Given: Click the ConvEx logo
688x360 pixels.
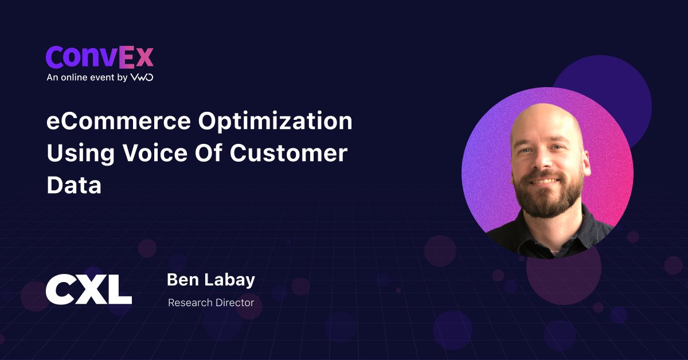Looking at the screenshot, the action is click(x=100, y=57).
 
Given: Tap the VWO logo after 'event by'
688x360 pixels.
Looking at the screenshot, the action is click(x=142, y=77).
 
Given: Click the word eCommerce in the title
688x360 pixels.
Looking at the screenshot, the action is click(x=119, y=121).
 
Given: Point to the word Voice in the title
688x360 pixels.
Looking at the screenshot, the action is click(x=155, y=152).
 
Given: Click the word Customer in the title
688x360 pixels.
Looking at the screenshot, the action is click(x=289, y=153).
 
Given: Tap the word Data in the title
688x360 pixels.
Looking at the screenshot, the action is click(x=74, y=185).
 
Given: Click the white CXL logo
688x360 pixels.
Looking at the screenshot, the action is click(x=89, y=289).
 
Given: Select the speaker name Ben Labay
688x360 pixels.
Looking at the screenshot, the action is click(x=211, y=280).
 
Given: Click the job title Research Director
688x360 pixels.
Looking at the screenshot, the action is click(x=211, y=303).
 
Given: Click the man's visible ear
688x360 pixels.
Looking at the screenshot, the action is click(x=585, y=164).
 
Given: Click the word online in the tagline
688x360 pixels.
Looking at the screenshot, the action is click(x=74, y=77).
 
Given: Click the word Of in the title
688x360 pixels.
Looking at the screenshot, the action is click(x=209, y=152).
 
